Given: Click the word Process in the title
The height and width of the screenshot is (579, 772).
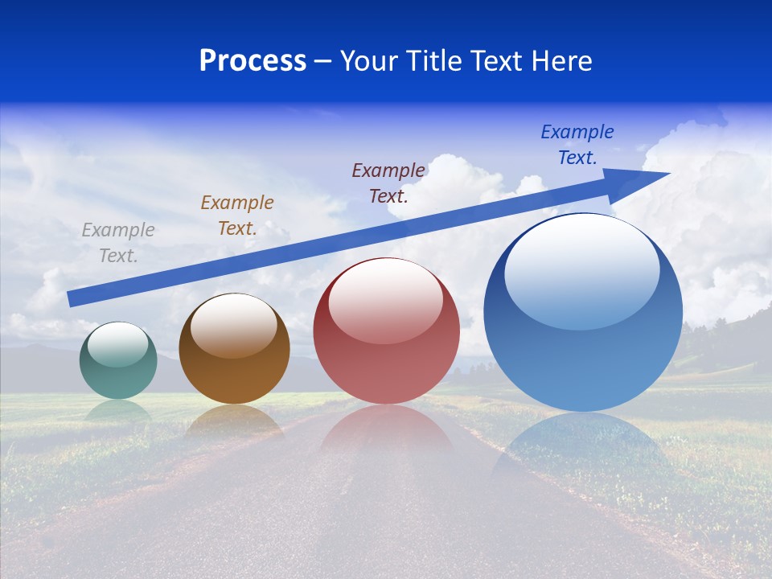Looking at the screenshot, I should click(x=253, y=61).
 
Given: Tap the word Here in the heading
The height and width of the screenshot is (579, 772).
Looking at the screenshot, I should click(x=560, y=61).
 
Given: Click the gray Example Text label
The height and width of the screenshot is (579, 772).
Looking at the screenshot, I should click(x=118, y=243).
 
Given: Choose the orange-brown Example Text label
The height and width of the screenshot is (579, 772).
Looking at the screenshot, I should click(x=237, y=216).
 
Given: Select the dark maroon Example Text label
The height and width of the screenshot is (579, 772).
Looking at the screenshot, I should click(x=388, y=183).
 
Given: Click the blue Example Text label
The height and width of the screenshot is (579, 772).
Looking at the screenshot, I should click(x=577, y=145).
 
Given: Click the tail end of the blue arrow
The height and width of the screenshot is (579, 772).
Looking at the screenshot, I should click(x=72, y=298).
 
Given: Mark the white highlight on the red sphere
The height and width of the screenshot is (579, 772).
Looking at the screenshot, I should click(x=385, y=300).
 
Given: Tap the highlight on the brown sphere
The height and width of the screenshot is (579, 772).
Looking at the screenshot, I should click(x=234, y=324).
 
